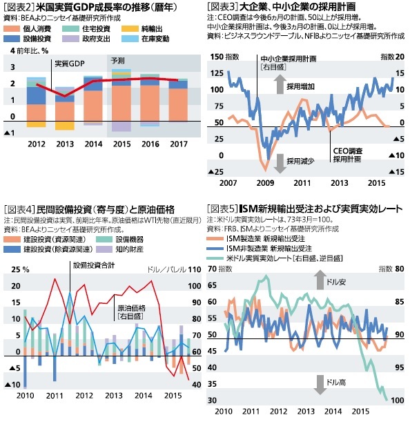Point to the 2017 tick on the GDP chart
[177, 144]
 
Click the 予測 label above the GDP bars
[118, 61]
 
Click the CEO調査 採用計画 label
[347, 154]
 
